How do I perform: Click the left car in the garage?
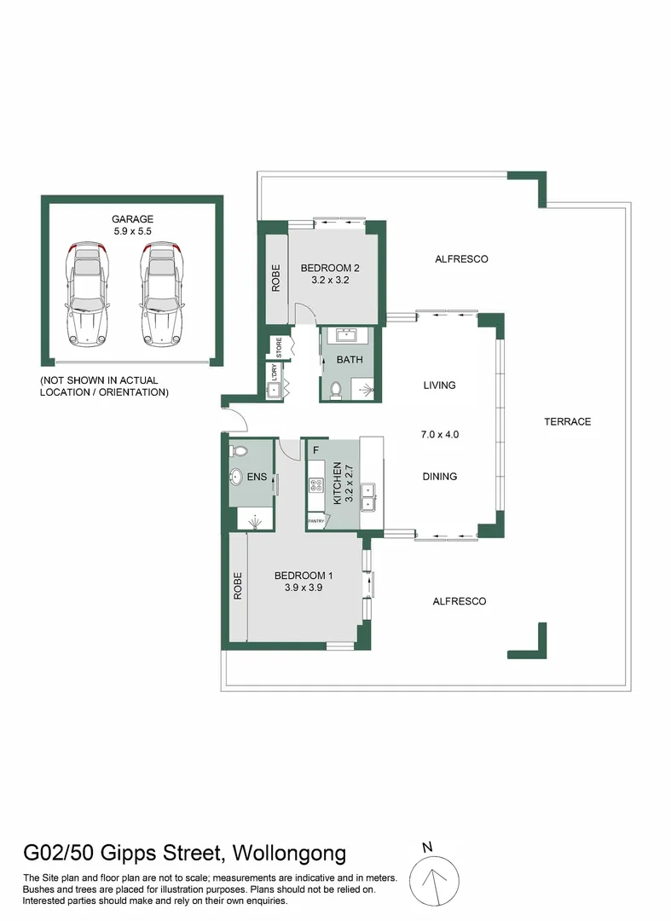point(88,293)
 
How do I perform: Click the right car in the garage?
point(163,293)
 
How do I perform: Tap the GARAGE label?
point(133,219)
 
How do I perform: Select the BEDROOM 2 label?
point(330,268)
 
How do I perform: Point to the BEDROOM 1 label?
point(304,576)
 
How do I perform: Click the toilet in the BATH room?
point(336,391)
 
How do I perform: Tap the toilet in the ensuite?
point(239,451)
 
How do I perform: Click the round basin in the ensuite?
point(236,477)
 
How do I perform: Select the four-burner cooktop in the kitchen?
point(315,485)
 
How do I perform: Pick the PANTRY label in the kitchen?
point(315,521)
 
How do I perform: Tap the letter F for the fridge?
point(315,450)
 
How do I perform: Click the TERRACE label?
point(567,422)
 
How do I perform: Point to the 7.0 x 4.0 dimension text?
point(440,435)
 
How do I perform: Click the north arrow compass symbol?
point(434,881)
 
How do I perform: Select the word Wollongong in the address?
point(289,852)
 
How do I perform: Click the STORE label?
point(279,347)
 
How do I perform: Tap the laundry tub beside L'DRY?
point(274,390)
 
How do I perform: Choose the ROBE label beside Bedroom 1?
point(238,586)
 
